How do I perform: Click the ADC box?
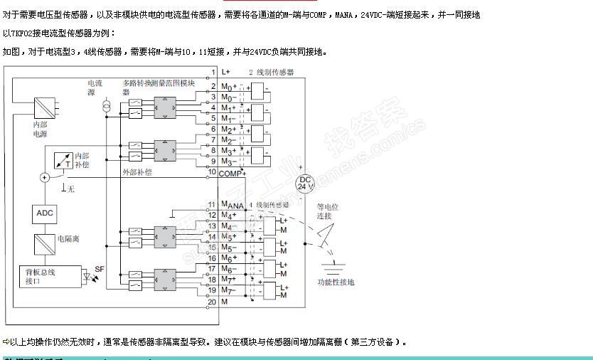click(x=44, y=213)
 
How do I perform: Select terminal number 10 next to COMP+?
click(x=212, y=172)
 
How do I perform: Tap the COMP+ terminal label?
click(x=232, y=173)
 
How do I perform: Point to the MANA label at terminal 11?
click(x=233, y=206)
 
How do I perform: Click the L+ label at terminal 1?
click(x=226, y=72)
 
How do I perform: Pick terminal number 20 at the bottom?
click(x=212, y=302)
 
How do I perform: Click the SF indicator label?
click(x=99, y=269)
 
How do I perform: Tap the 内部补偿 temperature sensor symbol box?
click(x=63, y=161)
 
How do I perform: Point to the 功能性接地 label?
click(x=336, y=282)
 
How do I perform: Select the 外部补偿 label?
click(x=137, y=172)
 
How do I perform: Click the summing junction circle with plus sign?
click(x=44, y=177)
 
